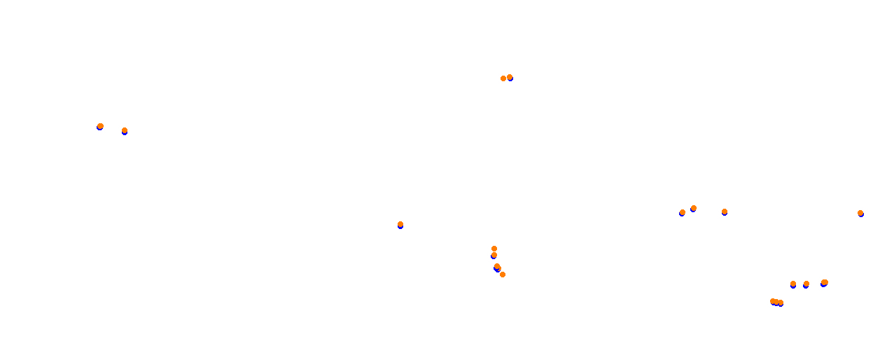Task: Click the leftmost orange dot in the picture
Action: pyautogui.click(x=100, y=126)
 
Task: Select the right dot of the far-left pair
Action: pyautogui.click(x=125, y=130)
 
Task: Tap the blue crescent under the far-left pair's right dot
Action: pyautogui.click(x=125, y=133)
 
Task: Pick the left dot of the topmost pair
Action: pyautogui.click(x=503, y=78)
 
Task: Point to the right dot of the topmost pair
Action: pyautogui.click(x=510, y=77)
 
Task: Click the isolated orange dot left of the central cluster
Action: pyautogui.click(x=400, y=224)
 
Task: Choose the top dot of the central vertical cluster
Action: pyautogui.click(x=494, y=249)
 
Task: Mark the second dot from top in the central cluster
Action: pyautogui.click(x=494, y=255)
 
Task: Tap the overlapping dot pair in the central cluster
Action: pyautogui.click(x=497, y=267)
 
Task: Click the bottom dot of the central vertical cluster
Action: pyautogui.click(x=503, y=275)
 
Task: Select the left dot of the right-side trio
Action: pyautogui.click(x=683, y=212)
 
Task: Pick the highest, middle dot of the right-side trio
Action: pyautogui.click(x=694, y=208)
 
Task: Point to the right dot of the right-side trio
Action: pyautogui.click(x=725, y=212)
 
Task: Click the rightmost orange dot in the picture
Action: pyautogui.click(x=860, y=213)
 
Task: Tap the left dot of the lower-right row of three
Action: pyautogui.click(x=793, y=284)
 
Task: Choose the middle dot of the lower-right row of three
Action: pyautogui.click(x=806, y=284)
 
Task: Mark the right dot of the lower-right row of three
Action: pyautogui.click(x=825, y=282)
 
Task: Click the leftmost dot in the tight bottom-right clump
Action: pyautogui.click(x=773, y=301)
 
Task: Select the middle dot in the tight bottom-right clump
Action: pyautogui.click(x=776, y=302)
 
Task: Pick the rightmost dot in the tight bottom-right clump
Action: pyautogui.click(x=781, y=303)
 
